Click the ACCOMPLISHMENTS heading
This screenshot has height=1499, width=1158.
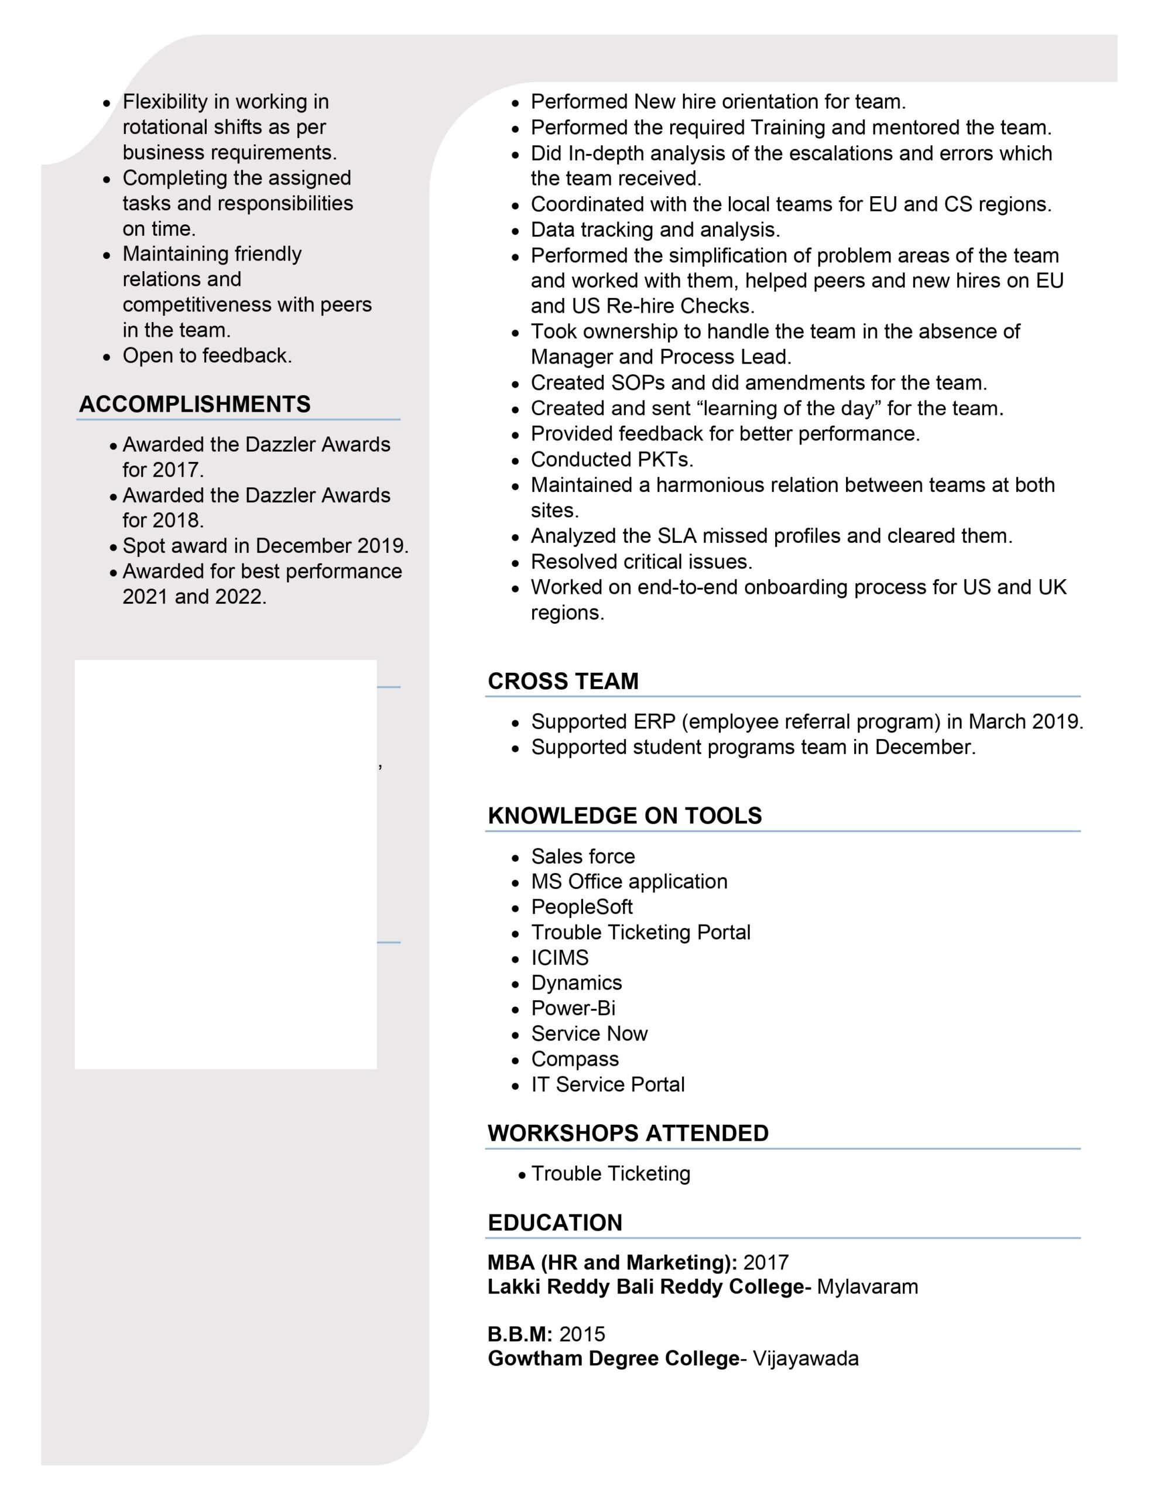click(x=194, y=404)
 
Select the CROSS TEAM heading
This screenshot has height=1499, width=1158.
click(x=563, y=681)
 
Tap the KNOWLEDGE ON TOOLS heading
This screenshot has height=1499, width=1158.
click(x=625, y=816)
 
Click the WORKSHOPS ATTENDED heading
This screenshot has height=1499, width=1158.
click(x=628, y=1133)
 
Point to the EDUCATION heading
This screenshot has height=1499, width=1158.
click(x=554, y=1223)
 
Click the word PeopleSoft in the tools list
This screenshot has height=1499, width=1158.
click(x=581, y=906)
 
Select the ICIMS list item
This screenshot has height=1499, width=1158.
click(x=560, y=957)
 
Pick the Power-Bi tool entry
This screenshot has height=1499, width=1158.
click(x=573, y=1008)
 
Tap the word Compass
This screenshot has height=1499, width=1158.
click(x=574, y=1059)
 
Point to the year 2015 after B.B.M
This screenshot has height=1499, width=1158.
click(x=582, y=1334)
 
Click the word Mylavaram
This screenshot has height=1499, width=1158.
click(x=867, y=1286)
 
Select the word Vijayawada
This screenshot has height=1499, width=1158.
click(x=805, y=1358)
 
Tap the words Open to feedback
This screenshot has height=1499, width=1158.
click(x=207, y=355)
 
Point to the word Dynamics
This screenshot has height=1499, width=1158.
click(x=577, y=983)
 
